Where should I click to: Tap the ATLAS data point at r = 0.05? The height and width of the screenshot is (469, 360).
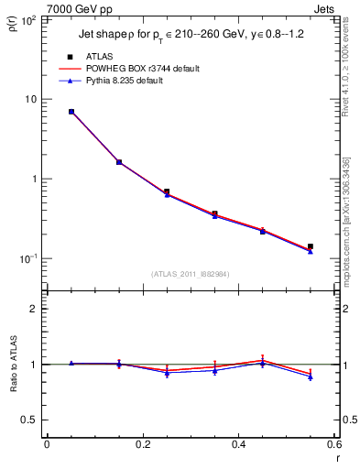pos(71,112)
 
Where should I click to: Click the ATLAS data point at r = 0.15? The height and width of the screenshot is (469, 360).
pos(119,162)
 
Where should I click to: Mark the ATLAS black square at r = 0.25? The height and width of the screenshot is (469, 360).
pos(167,191)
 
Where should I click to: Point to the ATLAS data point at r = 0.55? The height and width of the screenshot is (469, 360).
pos(311,246)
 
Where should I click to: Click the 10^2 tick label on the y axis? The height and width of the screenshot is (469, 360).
pos(28,19)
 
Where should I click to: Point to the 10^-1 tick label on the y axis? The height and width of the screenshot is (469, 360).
pos(28,259)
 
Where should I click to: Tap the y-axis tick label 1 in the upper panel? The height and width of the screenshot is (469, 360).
pos(35,180)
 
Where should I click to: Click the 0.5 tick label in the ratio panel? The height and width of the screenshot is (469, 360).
pos(29,420)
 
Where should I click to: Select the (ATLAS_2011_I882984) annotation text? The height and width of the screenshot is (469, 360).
pos(191,274)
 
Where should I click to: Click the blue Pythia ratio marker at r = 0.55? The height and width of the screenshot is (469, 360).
pos(311,376)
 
